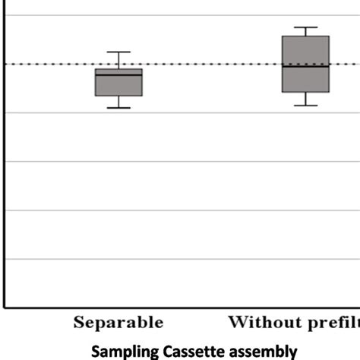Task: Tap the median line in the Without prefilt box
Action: click(x=305, y=66)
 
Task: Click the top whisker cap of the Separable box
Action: click(x=118, y=52)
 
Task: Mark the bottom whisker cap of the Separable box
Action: click(x=118, y=108)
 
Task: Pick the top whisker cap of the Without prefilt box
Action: click(x=305, y=27)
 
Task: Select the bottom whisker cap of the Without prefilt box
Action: click(x=305, y=105)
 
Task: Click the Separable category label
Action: click(x=118, y=323)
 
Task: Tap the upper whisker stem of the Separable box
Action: click(x=118, y=60)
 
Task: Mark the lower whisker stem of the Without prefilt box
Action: click(x=305, y=99)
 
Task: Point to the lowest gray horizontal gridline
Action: click(x=182, y=259)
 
